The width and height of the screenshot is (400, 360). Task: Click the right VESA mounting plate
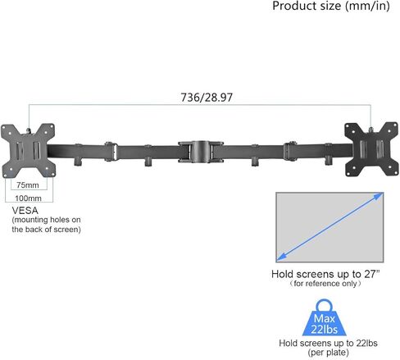click(x=374, y=151)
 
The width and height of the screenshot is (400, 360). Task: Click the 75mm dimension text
click(x=29, y=185)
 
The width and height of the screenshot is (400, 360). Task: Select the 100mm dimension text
click(x=29, y=199)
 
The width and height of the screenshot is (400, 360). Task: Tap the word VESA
click(x=25, y=211)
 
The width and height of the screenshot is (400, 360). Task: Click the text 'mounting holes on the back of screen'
click(x=46, y=226)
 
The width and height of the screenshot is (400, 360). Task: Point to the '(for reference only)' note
click(x=326, y=284)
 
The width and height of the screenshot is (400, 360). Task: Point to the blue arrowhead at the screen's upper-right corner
click(x=379, y=196)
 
